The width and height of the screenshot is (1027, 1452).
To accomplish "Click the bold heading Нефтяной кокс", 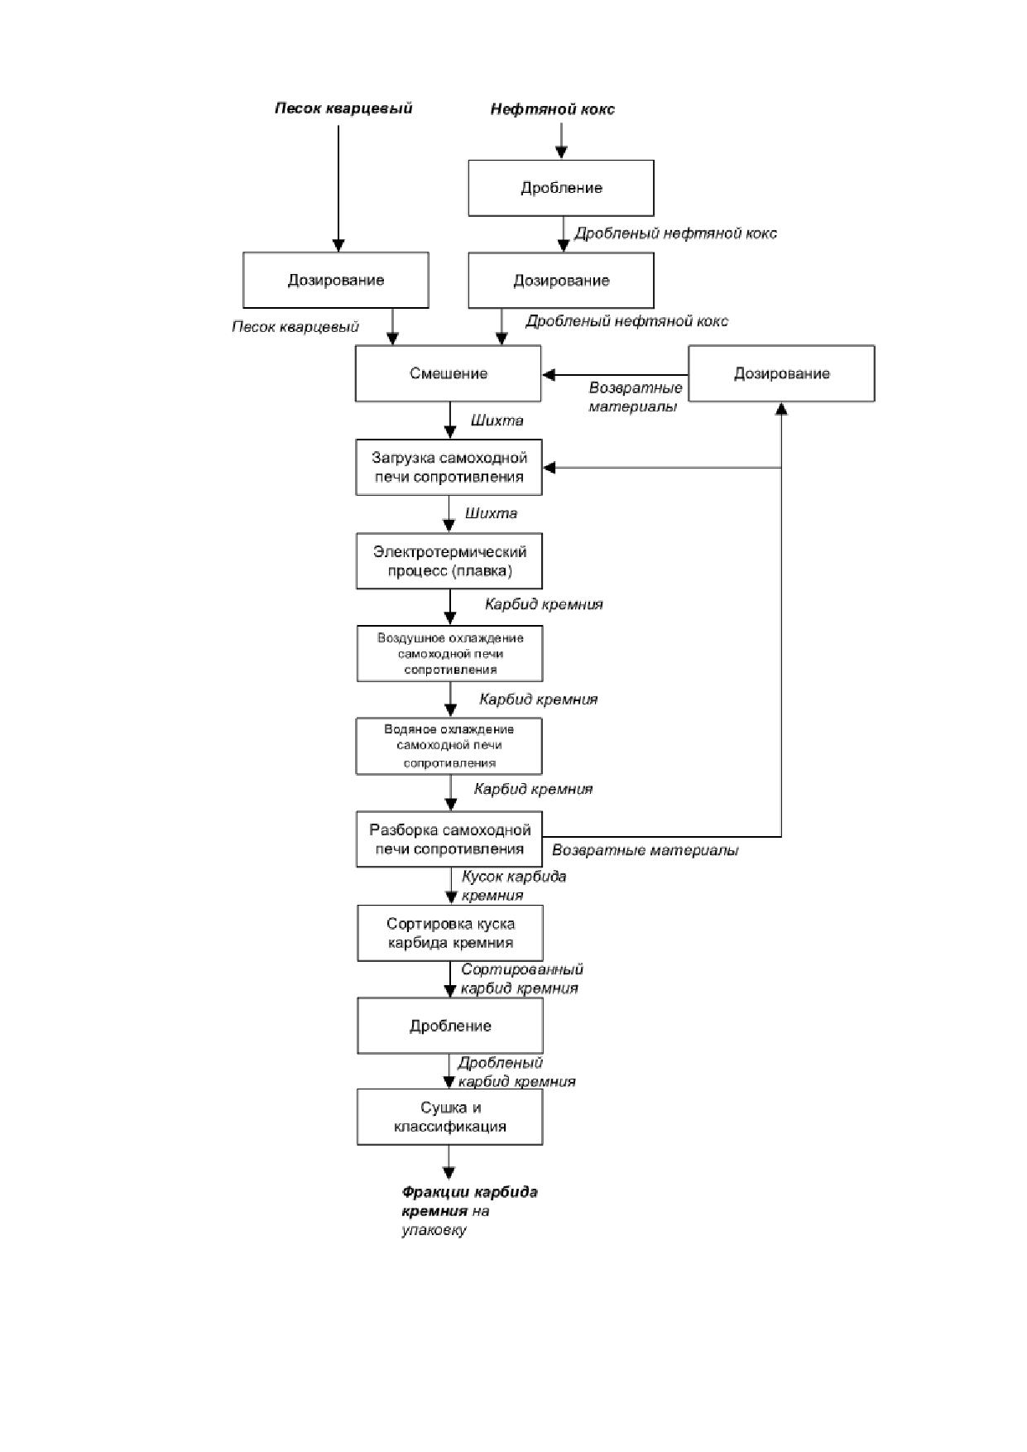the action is (552, 109).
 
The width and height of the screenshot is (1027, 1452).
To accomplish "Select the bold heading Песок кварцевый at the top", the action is (343, 108).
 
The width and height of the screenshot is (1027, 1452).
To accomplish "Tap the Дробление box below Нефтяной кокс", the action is (561, 188).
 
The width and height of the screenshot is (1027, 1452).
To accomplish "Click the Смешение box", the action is (449, 373).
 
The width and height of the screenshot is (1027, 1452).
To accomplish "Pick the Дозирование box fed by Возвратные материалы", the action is (781, 373).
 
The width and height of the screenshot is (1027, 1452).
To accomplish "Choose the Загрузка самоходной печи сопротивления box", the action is (449, 467).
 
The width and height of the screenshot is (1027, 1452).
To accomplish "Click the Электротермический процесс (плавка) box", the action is (449, 561).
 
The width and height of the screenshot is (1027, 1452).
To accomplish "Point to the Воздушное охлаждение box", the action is (450, 654).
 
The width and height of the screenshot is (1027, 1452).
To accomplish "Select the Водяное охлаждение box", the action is (449, 746).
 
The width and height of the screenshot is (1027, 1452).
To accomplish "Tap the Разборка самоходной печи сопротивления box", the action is (449, 839).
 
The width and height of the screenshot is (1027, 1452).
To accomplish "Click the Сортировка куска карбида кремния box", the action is (450, 933).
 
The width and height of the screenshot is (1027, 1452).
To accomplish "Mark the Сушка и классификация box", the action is (450, 1117).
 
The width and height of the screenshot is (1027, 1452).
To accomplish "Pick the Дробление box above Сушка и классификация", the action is (450, 1026).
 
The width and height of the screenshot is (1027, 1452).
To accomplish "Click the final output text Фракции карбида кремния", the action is (469, 1201).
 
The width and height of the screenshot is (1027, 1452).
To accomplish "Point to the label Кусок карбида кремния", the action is (513, 886).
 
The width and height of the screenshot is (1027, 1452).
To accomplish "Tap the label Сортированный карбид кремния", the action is (521, 978).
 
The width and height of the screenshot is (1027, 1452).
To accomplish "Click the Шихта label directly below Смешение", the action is (497, 421).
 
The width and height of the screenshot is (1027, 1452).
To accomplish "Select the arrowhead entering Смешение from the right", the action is (548, 374).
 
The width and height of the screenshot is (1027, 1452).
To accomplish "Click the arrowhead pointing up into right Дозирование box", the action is (781, 409).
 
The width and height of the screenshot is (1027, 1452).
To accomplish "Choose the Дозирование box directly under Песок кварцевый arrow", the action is (336, 280).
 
